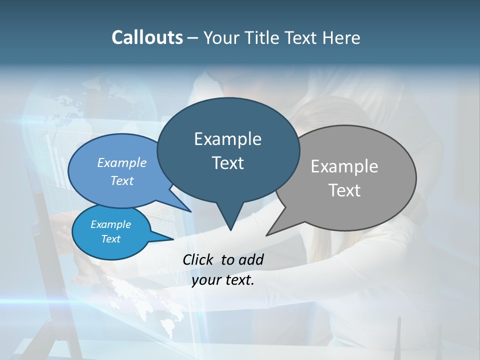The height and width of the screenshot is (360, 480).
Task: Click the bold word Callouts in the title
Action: click(147, 37)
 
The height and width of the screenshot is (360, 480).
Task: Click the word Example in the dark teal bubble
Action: click(227, 139)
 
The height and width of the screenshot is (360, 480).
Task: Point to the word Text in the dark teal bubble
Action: click(227, 163)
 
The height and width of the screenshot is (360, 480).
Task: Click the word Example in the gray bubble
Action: click(344, 166)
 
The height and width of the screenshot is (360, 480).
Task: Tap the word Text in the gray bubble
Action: click(344, 190)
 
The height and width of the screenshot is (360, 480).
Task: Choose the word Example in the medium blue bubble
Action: click(122, 162)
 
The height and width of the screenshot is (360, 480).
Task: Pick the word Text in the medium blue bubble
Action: click(122, 180)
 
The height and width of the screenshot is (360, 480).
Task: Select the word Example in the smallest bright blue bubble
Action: click(110, 224)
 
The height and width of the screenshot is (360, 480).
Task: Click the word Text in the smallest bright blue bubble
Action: click(110, 239)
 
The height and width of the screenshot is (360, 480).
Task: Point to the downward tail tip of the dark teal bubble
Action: click(230, 230)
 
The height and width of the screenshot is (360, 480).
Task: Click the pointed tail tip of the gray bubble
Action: click(267, 235)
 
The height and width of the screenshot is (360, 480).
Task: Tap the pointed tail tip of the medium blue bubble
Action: click(190, 211)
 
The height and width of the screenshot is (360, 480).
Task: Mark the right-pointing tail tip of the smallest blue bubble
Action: click(173, 239)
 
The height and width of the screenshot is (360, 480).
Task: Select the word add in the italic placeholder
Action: click(251, 259)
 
